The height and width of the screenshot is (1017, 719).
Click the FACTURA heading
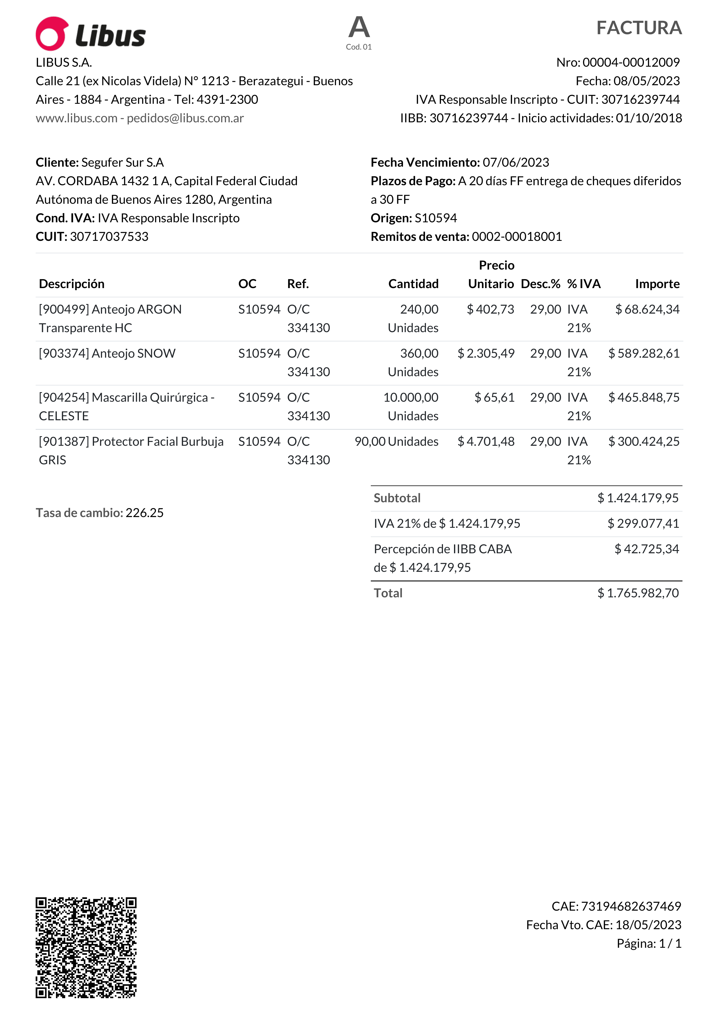(639, 28)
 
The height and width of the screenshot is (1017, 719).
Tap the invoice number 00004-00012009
(631, 62)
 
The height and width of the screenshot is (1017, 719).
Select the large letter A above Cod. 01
(359, 28)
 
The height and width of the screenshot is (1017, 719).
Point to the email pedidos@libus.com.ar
(185, 118)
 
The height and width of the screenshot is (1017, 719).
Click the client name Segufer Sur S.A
(123, 163)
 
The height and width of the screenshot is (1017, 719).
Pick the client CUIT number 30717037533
(109, 236)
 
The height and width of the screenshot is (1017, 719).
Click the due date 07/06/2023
(516, 163)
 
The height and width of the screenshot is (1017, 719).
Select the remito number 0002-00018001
(517, 236)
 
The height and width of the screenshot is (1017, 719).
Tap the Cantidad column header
(413, 284)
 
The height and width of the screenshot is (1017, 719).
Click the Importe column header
(657, 284)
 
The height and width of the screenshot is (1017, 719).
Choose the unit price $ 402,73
(491, 309)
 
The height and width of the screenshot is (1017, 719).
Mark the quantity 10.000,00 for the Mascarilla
(411, 397)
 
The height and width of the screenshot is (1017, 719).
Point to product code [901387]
(64, 442)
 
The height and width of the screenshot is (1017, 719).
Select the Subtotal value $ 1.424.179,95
(638, 498)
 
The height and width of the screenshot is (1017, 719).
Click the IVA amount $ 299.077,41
(643, 523)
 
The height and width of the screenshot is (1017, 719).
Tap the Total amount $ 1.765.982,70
(638, 593)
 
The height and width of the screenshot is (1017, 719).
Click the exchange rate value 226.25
(144, 513)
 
